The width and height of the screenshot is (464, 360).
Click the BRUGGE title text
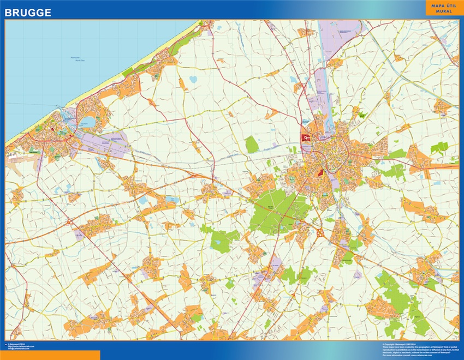(28, 11)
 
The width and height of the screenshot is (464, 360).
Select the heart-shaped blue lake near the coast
(193, 80)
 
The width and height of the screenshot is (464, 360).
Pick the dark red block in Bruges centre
(320, 173)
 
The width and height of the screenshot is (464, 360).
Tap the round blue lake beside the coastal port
(87, 121)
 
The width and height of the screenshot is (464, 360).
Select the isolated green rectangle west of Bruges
(251, 145)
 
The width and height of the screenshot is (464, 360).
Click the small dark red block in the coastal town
(52, 129)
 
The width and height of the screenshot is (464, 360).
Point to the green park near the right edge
(438, 148)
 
